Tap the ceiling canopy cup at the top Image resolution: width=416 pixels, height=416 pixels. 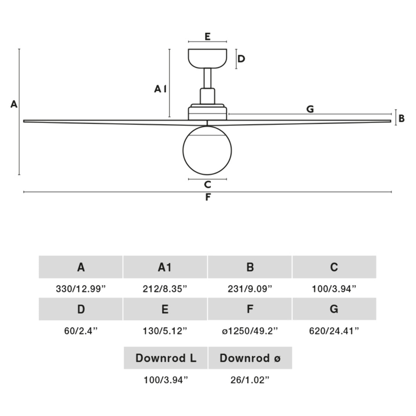click(207, 58)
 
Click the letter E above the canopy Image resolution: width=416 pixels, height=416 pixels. click(207, 37)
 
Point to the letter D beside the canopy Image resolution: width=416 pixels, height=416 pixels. click(241, 59)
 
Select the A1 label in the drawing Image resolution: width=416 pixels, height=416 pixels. click(160, 89)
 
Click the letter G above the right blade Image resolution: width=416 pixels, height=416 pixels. click(310, 109)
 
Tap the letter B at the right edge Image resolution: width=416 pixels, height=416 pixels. click(401, 118)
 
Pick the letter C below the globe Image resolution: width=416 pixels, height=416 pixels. click(207, 185)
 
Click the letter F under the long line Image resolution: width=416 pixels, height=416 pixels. click(208, 197)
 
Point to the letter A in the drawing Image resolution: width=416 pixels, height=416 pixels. click(14, 104)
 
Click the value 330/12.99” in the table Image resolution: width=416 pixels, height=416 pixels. click(81, 289)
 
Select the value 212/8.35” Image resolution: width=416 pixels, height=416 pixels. click(165, 289)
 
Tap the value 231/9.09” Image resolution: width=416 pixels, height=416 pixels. click(250, 289)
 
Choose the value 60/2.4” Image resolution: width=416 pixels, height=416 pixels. click(81, 331)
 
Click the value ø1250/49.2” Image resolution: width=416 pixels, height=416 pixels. click(250, 331)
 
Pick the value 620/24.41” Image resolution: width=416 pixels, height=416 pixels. click(334, 331)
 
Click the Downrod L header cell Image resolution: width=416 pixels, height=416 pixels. click(166, 358)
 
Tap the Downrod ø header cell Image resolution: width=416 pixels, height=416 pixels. click(250, 358)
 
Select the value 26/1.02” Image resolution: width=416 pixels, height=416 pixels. click(250, 380)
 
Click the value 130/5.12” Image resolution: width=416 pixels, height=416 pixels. click(165, 331)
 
